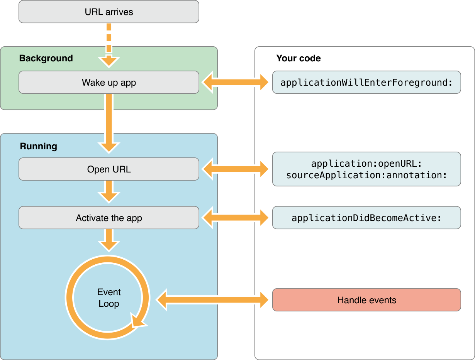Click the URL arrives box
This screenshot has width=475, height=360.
pyautogui.click(x=109, y=12)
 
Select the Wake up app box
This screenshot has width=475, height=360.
pyautogui.click(x=109, y=82)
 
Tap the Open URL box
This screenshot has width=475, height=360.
pyautogui.click(x=109, y=169)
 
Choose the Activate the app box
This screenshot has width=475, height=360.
pyautogui.click(x=109, y=218)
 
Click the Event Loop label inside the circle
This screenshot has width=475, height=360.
pyautogui.click(x=109, y=298)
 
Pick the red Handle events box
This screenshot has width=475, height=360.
pyautogui.click(x=366, y=300)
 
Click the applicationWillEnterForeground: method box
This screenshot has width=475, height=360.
pyautogui.click(x=366, y=82)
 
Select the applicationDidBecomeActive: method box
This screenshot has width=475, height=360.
pyautogui.click(x=366, y=218)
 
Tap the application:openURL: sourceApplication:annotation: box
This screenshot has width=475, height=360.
pyautogui.click(x=366, y=169)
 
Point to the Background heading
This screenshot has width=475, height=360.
pyautogui.click(x=46, y=58)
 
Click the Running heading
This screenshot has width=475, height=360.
pyautogui.click(x=39, y=146)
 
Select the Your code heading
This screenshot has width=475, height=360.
pyautogui.click(x=299, y=58)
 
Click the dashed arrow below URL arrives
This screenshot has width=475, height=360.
pyautogui.click(x=109, y=42)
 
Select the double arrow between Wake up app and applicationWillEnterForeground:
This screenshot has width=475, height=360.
pyautogui.click(x=236, y=82)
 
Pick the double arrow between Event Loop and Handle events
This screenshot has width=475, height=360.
pyautogui.click(x=212, y=300)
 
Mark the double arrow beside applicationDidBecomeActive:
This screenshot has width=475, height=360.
pyautogui.click(x=236, y=218)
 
